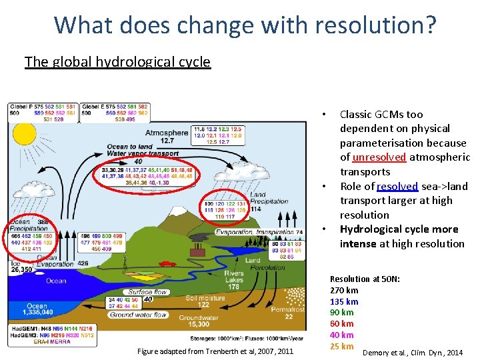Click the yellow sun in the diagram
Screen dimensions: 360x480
(25, 135)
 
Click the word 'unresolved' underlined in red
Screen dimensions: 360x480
(379, 157)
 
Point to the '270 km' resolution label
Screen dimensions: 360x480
(344, 290)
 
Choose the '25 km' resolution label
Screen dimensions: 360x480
(341, 346)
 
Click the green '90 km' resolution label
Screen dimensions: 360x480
(341, 312)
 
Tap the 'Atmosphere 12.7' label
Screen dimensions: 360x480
(166, 136)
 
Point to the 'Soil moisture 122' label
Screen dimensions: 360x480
(204, 301)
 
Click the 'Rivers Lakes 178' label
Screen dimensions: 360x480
(235, 281)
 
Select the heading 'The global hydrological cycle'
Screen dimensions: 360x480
(117, 63)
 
